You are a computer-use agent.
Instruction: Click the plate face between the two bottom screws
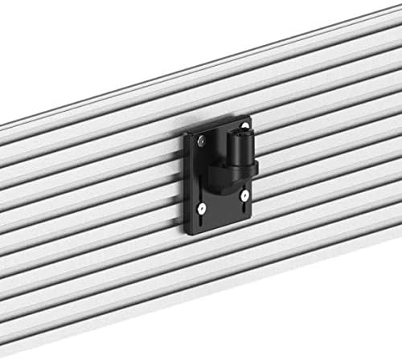224,205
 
